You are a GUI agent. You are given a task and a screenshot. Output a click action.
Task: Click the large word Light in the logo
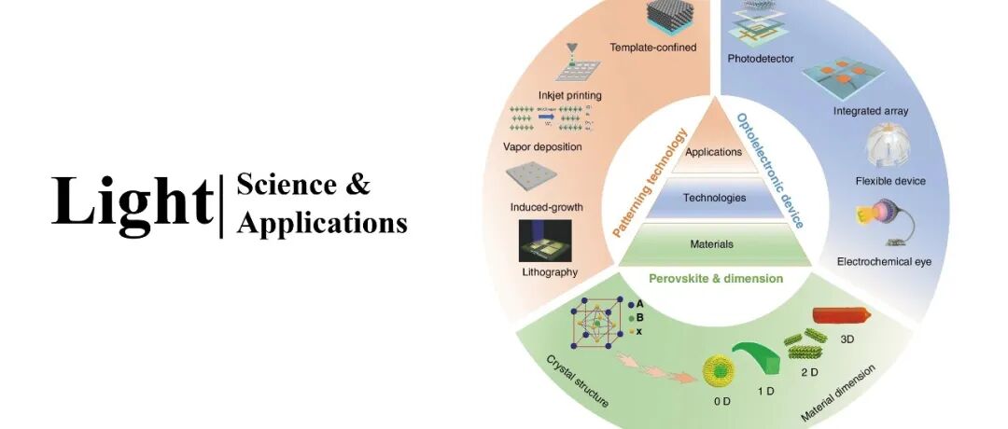point(132,201)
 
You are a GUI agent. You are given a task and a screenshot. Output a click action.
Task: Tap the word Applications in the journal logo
point(322,224)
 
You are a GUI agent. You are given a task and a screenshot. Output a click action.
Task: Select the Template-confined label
point(653,48)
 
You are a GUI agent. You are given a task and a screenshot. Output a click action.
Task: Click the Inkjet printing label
point(570,95)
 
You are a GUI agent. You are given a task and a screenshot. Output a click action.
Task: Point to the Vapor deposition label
point(541,146)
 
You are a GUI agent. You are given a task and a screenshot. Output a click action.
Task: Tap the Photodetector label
point(761,59)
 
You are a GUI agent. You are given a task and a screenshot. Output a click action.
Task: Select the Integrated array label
point(870,111)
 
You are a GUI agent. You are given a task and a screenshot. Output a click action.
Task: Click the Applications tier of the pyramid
point(713,151)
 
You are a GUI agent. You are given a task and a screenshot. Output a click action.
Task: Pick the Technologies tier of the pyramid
point(714,198)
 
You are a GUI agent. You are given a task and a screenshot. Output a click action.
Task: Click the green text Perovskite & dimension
point(716,278)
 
